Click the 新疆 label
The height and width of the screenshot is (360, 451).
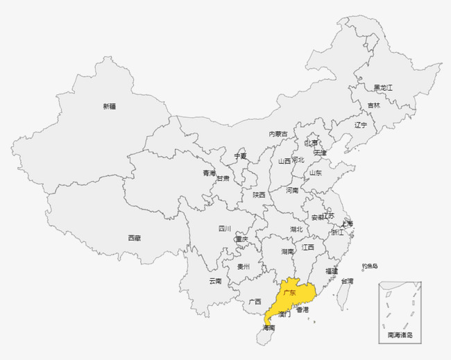110,106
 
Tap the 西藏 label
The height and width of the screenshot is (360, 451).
134,238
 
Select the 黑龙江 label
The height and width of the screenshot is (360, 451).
383,87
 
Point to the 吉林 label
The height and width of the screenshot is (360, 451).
374,105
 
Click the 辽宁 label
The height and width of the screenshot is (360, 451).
361,125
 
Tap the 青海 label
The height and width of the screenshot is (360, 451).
209,173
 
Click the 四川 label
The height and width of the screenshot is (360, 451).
225,228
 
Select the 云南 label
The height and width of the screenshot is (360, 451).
215,281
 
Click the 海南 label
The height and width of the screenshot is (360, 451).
269,327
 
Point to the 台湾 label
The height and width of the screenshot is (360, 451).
346,281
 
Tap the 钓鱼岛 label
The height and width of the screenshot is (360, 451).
370,266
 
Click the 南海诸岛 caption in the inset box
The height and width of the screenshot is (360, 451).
400,335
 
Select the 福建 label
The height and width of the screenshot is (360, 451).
332,271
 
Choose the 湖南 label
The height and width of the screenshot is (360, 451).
288,251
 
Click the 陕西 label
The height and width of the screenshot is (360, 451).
259,195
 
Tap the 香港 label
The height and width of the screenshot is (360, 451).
303,310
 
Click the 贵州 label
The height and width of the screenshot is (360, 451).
244,266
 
